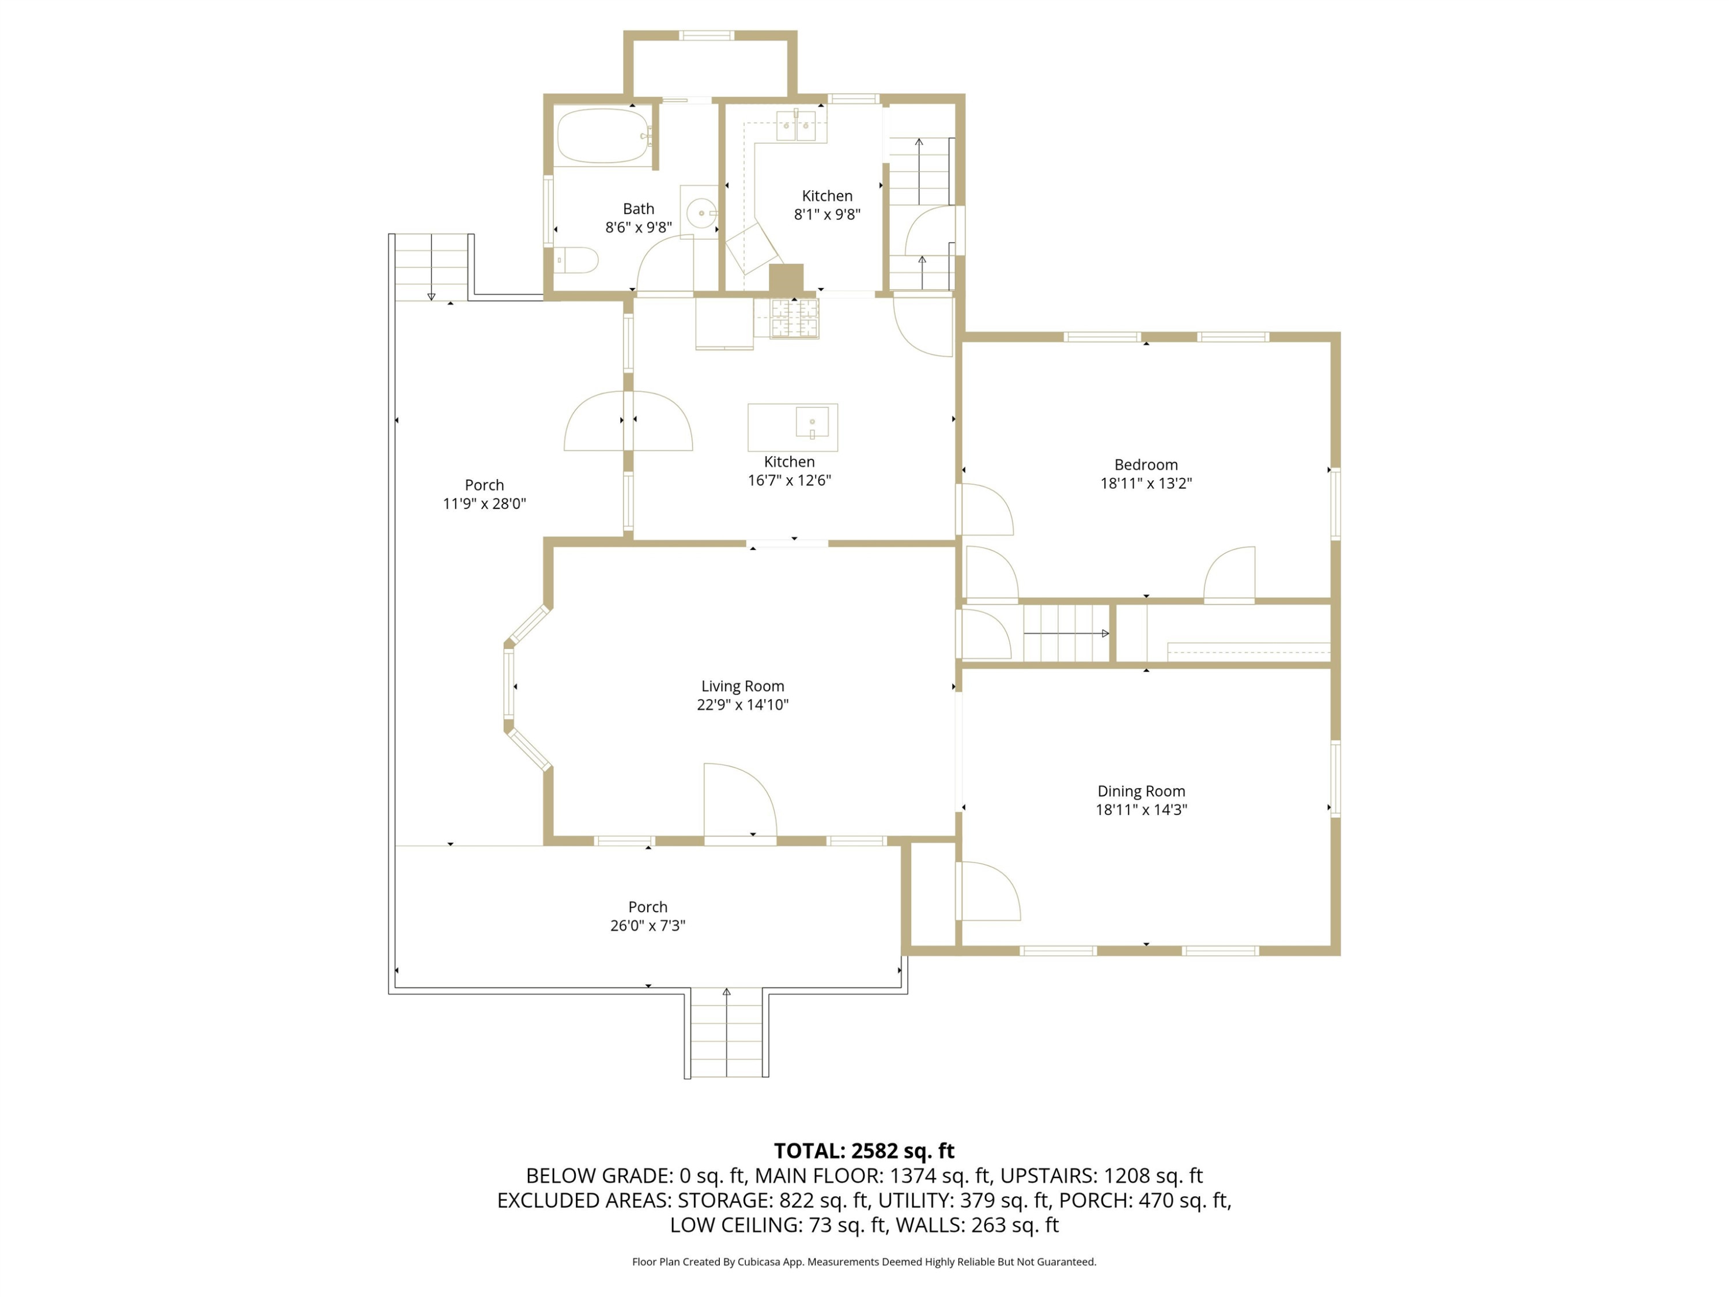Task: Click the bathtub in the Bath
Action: pos(603,136)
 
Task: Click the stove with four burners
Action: pos(795,318)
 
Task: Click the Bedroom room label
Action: pos(1146,465)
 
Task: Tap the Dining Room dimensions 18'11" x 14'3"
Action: pos(1141,810)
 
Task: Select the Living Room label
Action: pos(742,687)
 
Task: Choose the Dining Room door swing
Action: pos(990,891)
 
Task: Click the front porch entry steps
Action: pos(727,1034)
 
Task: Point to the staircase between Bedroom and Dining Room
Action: pos(1066,632)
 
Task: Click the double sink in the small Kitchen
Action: pos(796,125)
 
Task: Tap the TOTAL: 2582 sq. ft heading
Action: pos(864,1151)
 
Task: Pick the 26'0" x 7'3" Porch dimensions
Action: pos(648,926)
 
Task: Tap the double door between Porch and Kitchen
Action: pos(628,421)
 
